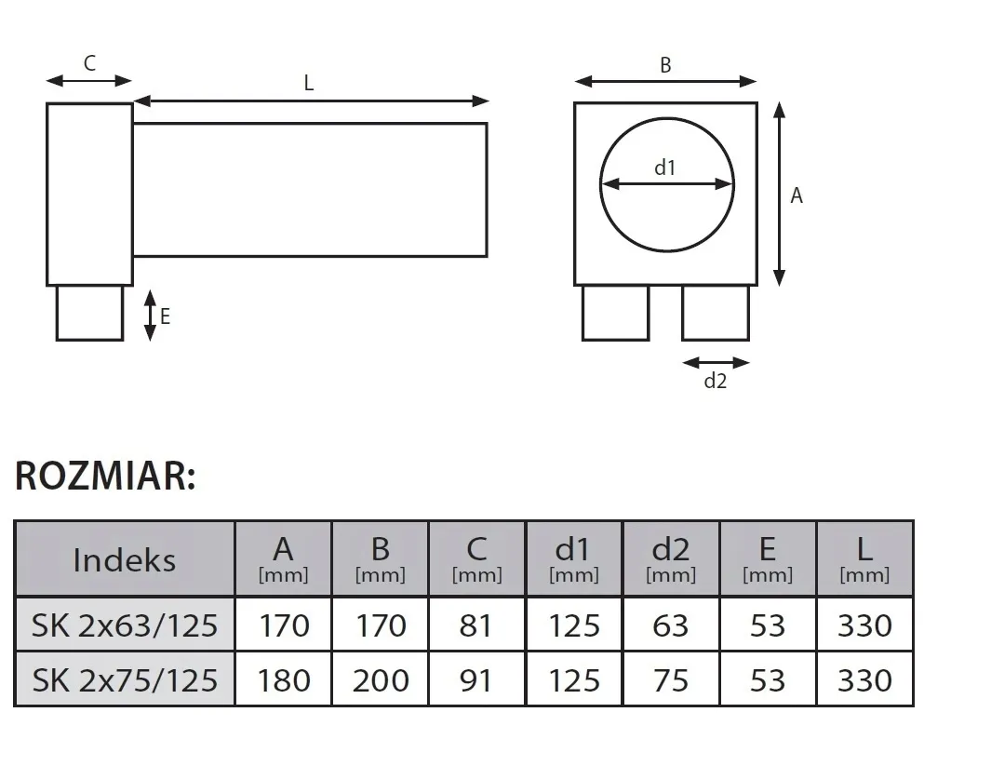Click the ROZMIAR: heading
[x=105, y=476]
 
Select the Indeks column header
[x=124, y=559]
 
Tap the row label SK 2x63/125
[x=124, y=625]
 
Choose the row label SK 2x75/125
[x=124, y=679]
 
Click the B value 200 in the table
[x=381, y=679]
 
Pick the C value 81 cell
[x=476, y=625]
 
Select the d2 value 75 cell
[x=670, y=679]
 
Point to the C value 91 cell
[x=476, y=679]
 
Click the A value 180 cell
[x=283, y=679]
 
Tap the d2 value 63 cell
[x=670, y=625]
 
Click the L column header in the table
[x=864, y=559]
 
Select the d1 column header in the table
[x=573, y=559]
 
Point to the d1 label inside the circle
[x=664, y=168]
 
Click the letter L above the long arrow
[x=309, y=83]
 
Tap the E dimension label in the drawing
[x=165, y=316]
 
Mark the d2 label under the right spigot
[x=715, y=381]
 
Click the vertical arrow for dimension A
[x=780, y=195]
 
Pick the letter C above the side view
[x=89, y=63]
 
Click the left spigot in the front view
[x=615, y=313]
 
